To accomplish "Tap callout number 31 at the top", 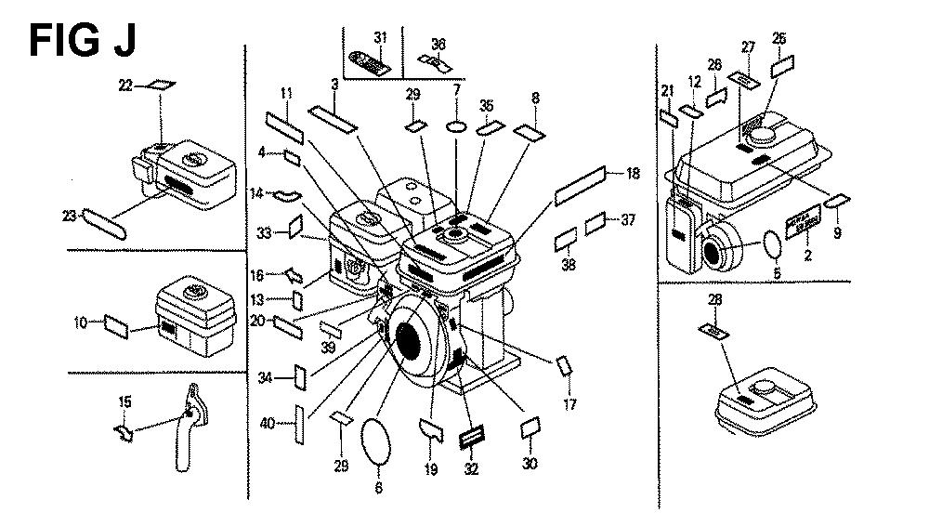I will tap(380, 37).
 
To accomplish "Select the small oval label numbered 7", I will tap(456, 126).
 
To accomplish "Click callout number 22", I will tap(126, 85).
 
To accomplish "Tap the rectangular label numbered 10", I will tap(117, 325).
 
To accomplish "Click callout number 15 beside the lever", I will tap(125, 402).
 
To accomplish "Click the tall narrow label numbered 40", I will tap(299, 423).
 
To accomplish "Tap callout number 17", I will tap(569, 404).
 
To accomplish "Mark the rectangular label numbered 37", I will tap(598, 223).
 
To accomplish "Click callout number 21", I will tap(667, 90).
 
